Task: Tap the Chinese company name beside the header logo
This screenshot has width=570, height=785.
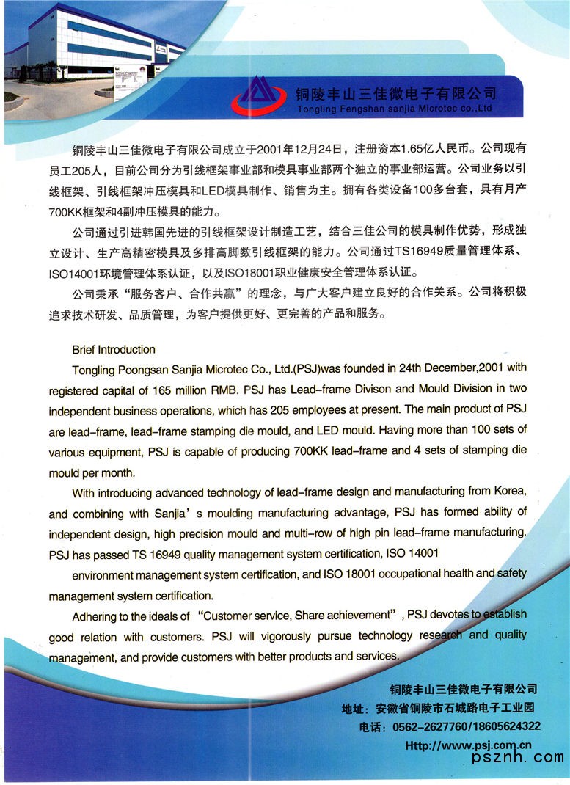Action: [395, 93]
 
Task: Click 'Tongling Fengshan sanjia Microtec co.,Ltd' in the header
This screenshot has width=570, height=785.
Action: [395, 109]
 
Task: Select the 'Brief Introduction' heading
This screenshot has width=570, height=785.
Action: [114, 349]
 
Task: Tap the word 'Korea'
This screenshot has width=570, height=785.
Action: [509, 491]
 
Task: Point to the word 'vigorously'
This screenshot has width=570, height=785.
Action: [291, 635]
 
